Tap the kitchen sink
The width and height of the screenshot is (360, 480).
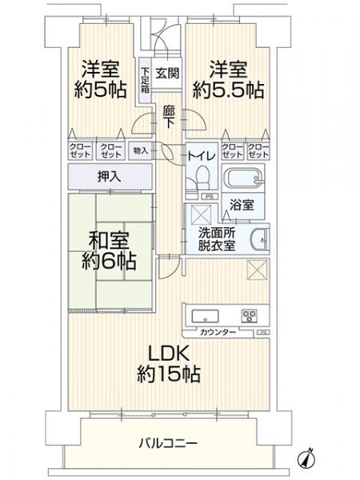[202, 314]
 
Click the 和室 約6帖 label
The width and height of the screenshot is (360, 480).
[107, 250]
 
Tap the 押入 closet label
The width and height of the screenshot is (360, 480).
[110, 176]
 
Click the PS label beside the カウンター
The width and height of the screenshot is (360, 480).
[262, 332]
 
